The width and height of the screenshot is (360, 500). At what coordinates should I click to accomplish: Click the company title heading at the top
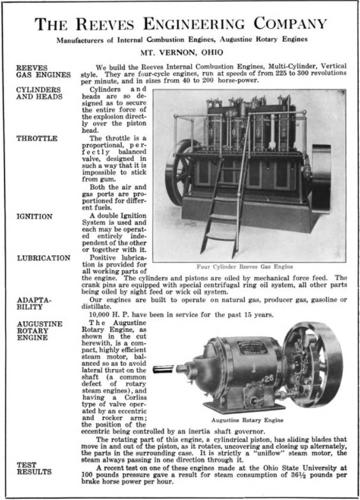(x=180, y=24)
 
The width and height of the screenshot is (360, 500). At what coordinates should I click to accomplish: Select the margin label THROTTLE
(x=37, y=138)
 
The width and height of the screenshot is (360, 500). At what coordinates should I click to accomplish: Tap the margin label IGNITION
(x=34, y=216)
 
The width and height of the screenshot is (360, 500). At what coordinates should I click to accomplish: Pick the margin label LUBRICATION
(x=43, y=258)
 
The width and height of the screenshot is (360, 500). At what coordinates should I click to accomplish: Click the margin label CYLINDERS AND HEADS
(x=39, y=94)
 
